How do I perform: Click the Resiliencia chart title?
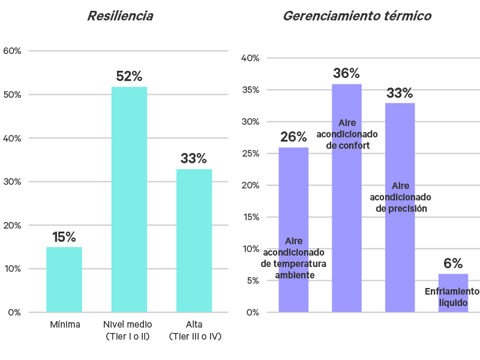120,16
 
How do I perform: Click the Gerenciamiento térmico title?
356,16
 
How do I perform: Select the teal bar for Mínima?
64,279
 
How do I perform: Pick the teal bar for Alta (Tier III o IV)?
194,240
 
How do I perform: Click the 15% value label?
64,237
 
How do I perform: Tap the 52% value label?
129,77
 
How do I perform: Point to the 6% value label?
453,263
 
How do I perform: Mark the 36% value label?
347,74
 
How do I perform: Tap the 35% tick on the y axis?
250,90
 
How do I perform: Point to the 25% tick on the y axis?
250,154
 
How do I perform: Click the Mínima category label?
65,325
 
